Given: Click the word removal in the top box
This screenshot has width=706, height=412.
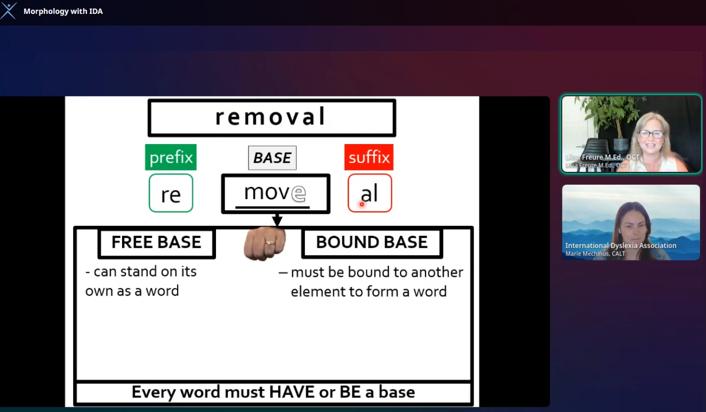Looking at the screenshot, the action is [x=270, y=116].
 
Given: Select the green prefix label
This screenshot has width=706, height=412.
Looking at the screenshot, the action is [x=171, y=157].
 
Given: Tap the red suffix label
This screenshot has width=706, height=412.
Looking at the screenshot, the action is [x=369, y=157].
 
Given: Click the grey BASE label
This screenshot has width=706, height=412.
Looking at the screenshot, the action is [x=272, y=158].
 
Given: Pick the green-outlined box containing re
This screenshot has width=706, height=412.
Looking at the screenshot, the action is [x=171, y=193].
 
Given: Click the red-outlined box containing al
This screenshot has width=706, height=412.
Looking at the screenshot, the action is [x=370, y=193].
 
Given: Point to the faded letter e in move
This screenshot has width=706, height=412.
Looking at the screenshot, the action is [x=298, y=193].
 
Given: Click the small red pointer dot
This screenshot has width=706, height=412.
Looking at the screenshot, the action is [x=362, y=204].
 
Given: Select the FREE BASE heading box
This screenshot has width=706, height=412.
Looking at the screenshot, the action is [x=157, y=243].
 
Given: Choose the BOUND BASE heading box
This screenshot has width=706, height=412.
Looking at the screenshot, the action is [x=372, y=243].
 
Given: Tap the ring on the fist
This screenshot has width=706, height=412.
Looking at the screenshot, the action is [x=270, y=243].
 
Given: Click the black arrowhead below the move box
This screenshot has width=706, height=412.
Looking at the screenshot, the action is [x=277, y=220].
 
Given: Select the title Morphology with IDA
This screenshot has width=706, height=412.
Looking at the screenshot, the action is [x=63, y=11].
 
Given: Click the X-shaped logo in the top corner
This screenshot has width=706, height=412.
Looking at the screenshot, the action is [x=9, y=11].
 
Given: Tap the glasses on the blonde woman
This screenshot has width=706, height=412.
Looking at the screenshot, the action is [x=651, y=134].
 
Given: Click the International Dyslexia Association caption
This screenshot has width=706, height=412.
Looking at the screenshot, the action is [x=621, y=245].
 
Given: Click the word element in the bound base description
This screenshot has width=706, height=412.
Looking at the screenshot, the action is [x=318, y=291].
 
